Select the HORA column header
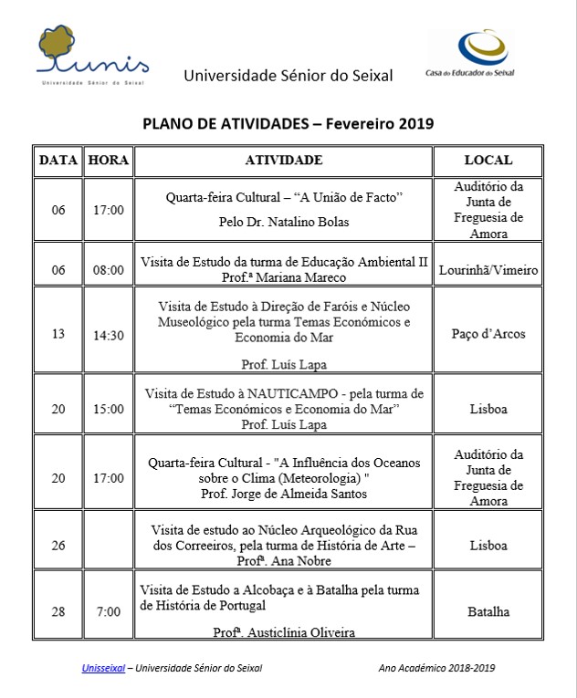point(109,161)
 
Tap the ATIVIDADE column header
point(284,161)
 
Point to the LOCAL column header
point(488,161)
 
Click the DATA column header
point(58,161)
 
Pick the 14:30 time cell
point(109,334)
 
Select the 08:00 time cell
point(109,270)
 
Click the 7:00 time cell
point(109,611)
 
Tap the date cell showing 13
point(58,334)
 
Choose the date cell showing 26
point(58,546)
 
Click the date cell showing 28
point(58,611)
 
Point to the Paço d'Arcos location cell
point(488,334)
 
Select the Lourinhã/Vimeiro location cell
point(488,270)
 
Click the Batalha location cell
point(488,611)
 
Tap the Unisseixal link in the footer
point(103,669)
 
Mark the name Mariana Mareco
point(314,277)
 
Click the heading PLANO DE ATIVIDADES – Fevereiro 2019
point(288,123)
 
